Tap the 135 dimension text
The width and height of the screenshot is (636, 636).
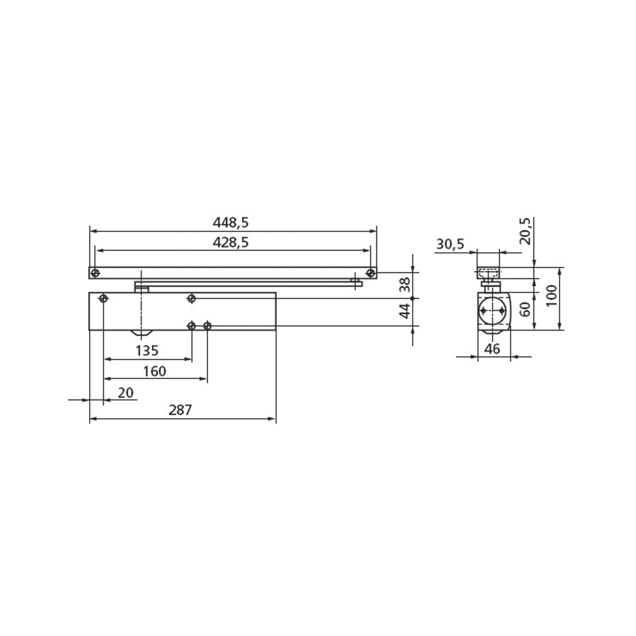[147, 351]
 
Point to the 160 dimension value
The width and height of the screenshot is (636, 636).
[154, 371]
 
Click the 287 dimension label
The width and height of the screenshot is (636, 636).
[180, 410]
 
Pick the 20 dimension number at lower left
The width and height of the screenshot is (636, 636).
[126, 393]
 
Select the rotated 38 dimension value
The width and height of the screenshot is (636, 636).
[406, 284]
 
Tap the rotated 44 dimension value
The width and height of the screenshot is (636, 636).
[406, 311]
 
